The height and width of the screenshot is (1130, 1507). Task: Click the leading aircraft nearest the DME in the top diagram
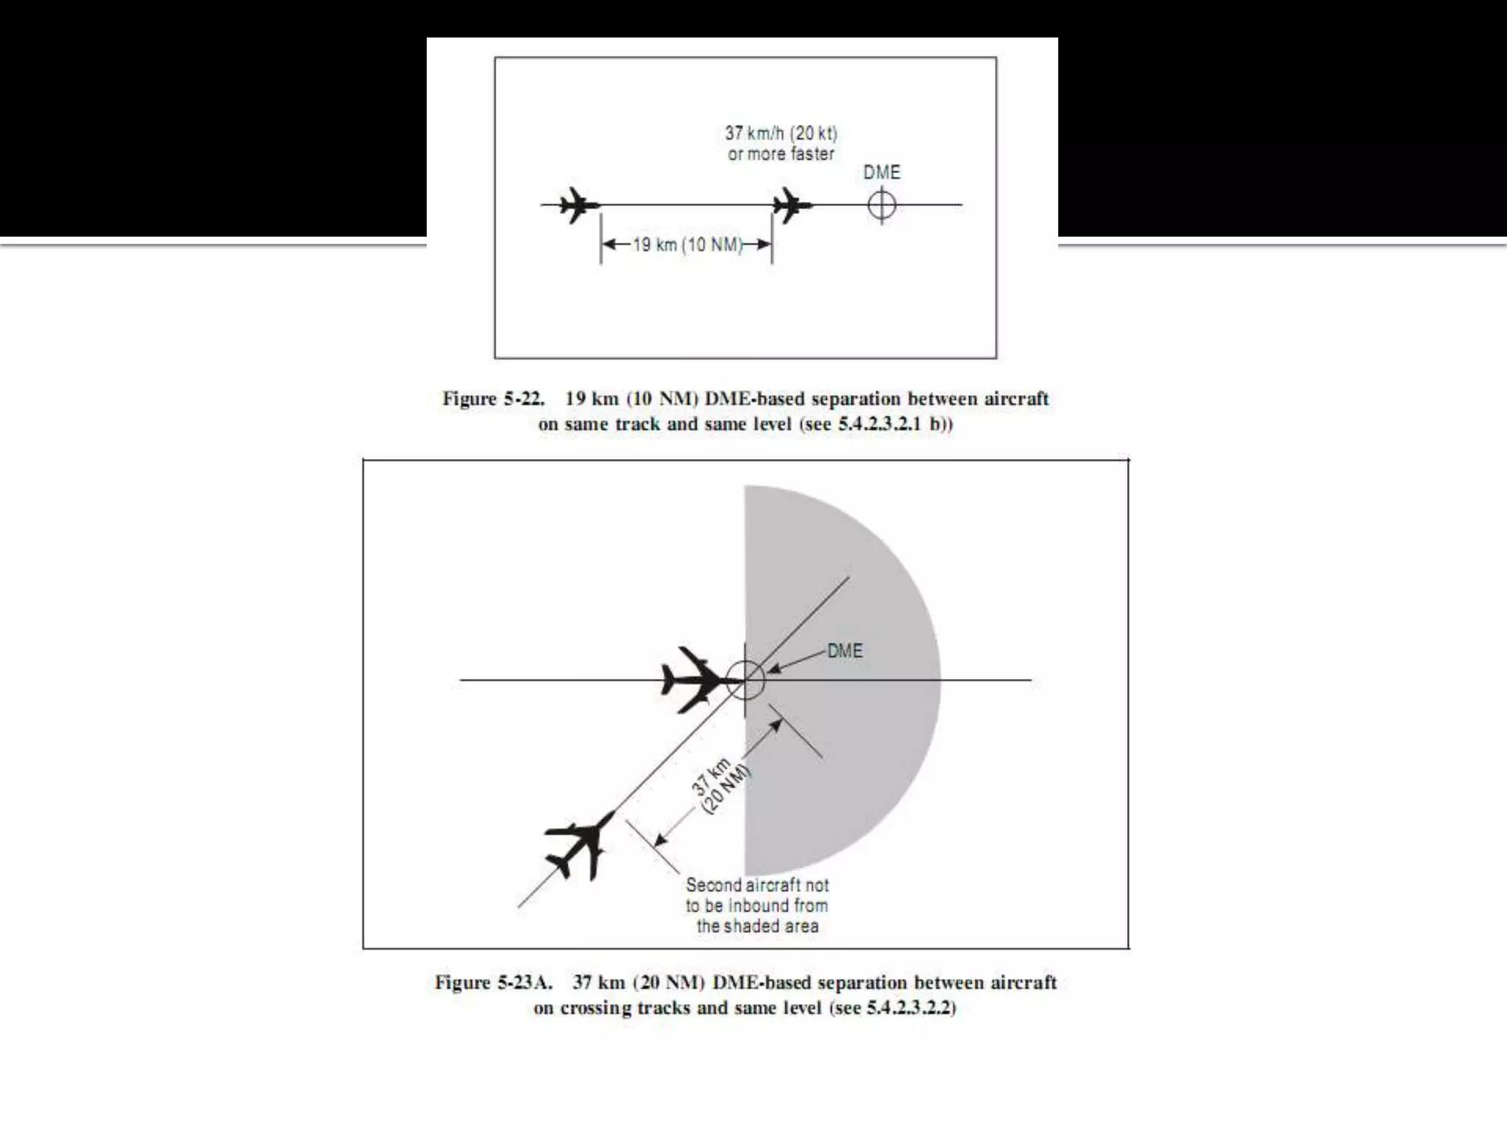click(792, 205)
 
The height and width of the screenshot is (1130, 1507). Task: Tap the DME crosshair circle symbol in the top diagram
click(882, 205)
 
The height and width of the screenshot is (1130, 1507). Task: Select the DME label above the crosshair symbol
click(882, 172)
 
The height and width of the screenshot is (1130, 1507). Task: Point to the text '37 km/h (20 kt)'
click(781, 133)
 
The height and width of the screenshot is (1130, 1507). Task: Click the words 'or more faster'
click(781, 154)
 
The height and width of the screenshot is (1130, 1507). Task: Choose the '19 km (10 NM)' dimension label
click(687, 245)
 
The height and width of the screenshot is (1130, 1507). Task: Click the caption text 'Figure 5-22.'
click(493, 399)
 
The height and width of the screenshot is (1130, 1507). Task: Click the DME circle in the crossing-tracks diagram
click(745, 680)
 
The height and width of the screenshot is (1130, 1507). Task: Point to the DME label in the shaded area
click(845, 651)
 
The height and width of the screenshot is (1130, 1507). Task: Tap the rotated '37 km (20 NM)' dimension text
click(720, 786)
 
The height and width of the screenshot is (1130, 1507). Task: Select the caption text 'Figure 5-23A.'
click(493, 983)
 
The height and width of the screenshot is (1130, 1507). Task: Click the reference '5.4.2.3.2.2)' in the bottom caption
click(911, 1008)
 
